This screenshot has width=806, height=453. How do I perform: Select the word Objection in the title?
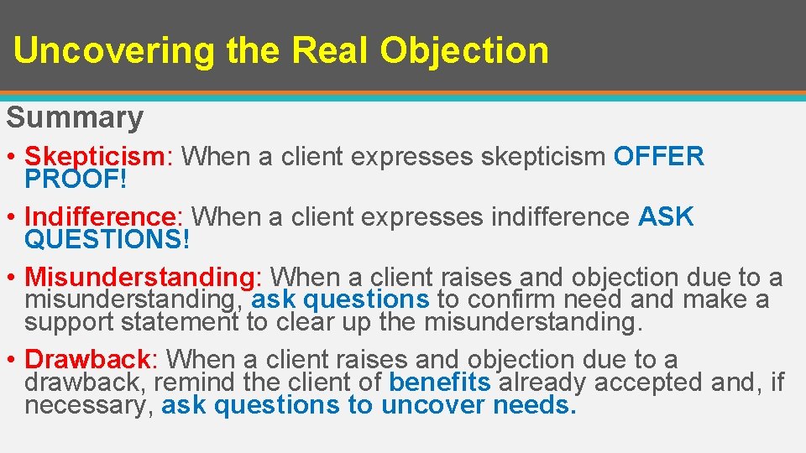pos(464,51)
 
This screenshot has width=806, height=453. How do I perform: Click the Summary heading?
pos(75,117)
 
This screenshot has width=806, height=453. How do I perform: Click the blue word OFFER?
pos(659,157)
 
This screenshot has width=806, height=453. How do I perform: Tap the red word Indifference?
pos(108,217)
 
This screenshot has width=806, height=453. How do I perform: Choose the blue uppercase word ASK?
pos(666,217)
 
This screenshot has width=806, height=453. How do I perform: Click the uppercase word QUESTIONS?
pos(108,240)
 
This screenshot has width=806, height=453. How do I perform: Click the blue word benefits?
pos(440,383)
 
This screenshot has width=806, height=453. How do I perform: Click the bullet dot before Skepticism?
pos(13,158)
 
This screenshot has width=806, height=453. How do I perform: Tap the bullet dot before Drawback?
pos(13,361)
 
